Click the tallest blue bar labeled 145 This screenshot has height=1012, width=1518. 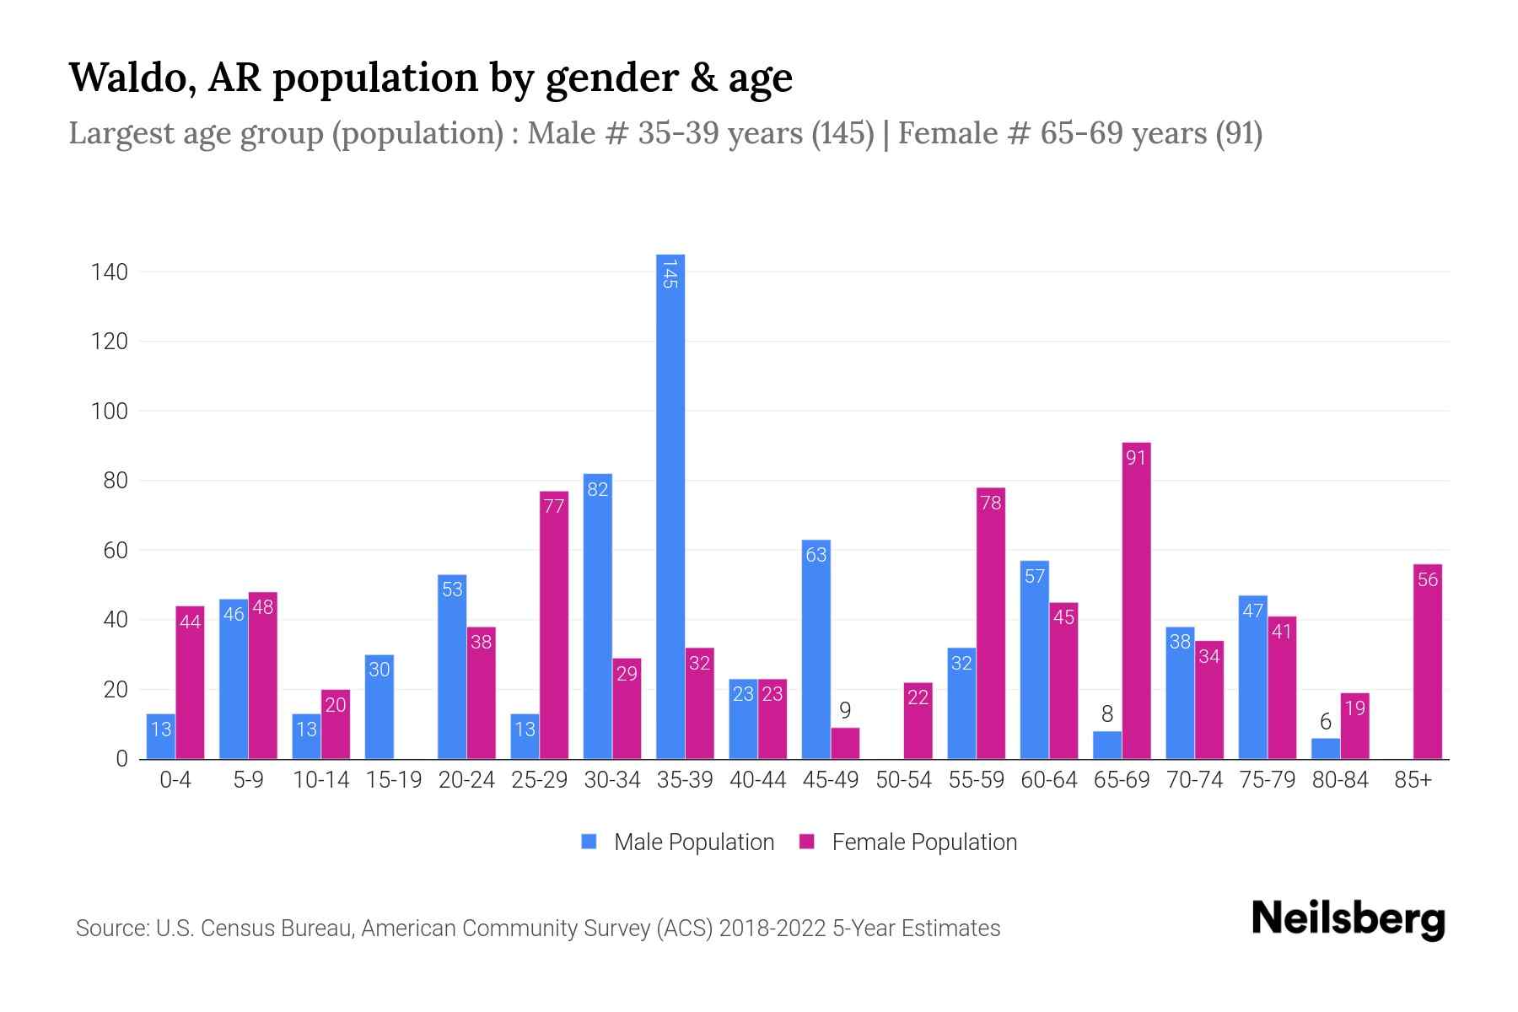670,506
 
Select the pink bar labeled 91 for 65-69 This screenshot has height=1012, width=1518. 1136,600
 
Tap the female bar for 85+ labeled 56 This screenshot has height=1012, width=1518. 1427,662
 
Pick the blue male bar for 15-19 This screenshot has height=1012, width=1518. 379,707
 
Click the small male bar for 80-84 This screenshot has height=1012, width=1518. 1325,749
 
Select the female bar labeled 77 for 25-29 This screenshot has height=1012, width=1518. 554,625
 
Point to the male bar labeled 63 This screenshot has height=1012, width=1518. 816,649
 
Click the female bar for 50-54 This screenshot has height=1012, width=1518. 918,721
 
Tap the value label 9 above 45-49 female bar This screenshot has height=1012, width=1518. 845,711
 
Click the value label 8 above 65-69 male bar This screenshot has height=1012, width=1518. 1107,714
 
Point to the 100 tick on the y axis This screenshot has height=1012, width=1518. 110,412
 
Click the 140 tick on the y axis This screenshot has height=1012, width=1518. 110,272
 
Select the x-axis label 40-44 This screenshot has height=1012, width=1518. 757,780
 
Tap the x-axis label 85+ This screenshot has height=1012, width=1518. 1413,780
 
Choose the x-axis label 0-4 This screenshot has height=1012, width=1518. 175,780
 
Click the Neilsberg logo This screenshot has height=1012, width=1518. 1348,919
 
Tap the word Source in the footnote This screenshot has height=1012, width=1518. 110,929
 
